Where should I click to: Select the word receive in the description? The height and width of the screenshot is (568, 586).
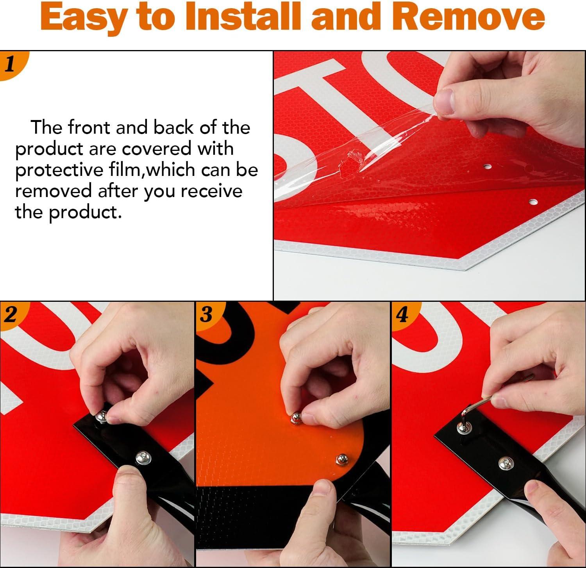pos(211,191)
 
